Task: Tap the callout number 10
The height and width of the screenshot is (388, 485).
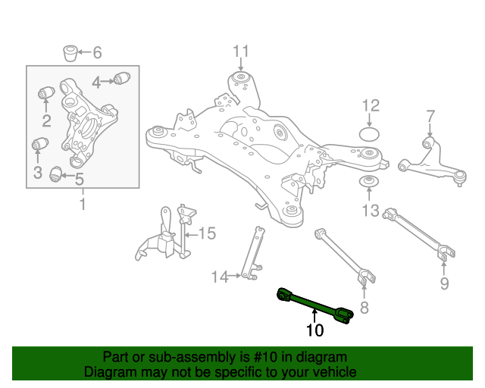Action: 314,330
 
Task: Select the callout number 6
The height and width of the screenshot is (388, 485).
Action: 96,53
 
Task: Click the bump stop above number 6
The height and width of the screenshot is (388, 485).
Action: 70,53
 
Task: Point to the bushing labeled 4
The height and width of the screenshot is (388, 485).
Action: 123,77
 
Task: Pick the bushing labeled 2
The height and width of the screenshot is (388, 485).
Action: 45,93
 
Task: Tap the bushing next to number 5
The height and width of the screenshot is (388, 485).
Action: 55,175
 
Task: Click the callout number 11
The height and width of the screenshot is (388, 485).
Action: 240,52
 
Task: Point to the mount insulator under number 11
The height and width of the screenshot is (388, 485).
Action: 241,78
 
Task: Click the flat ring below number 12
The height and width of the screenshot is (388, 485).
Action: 369,135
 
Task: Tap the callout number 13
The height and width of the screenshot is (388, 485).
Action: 370,211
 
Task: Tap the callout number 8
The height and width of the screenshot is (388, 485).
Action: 364,307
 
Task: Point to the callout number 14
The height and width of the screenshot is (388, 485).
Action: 219,277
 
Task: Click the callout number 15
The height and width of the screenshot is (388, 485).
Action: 207,233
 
